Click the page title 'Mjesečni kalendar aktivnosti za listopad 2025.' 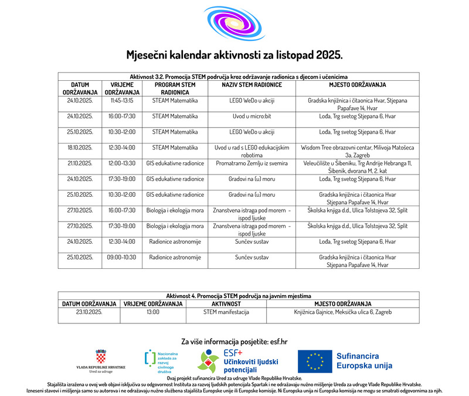(234, 56)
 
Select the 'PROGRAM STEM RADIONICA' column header (175, 88)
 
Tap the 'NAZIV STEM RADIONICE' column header (252, 85)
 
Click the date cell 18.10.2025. (80, 148)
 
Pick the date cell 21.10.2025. (80, 163)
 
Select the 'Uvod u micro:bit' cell (252, 116)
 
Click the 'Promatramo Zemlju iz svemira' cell (252, 163)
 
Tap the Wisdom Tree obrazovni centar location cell (357, 151)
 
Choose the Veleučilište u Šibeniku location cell (357, 166)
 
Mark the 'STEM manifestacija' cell (226, 312)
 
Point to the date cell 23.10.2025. (89, 312)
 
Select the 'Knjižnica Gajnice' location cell (342, 312)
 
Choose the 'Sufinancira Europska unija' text (364, 361)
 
